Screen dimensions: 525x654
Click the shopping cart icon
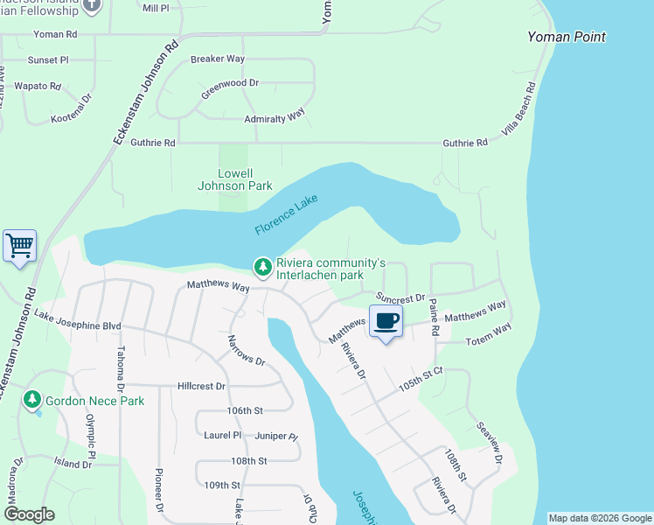[x=19, y=246]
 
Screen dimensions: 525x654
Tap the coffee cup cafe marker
[x=386, y=321]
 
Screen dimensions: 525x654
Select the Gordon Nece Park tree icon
[x=32, y=399]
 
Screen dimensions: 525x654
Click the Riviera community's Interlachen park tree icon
[x=261, y=265]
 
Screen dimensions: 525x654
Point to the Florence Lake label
[x=286, y=215]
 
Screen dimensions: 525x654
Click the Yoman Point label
[x=567, y=37]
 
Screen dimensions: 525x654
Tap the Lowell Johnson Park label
[x=233, y=179]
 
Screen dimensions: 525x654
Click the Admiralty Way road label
[x=275, y=116]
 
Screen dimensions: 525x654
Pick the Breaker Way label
[x=217, y=59]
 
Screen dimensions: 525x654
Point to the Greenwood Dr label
[x=230, y=83]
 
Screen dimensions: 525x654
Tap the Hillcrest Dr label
[x=201, y=385]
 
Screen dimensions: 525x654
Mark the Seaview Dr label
[x=490, y=445]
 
